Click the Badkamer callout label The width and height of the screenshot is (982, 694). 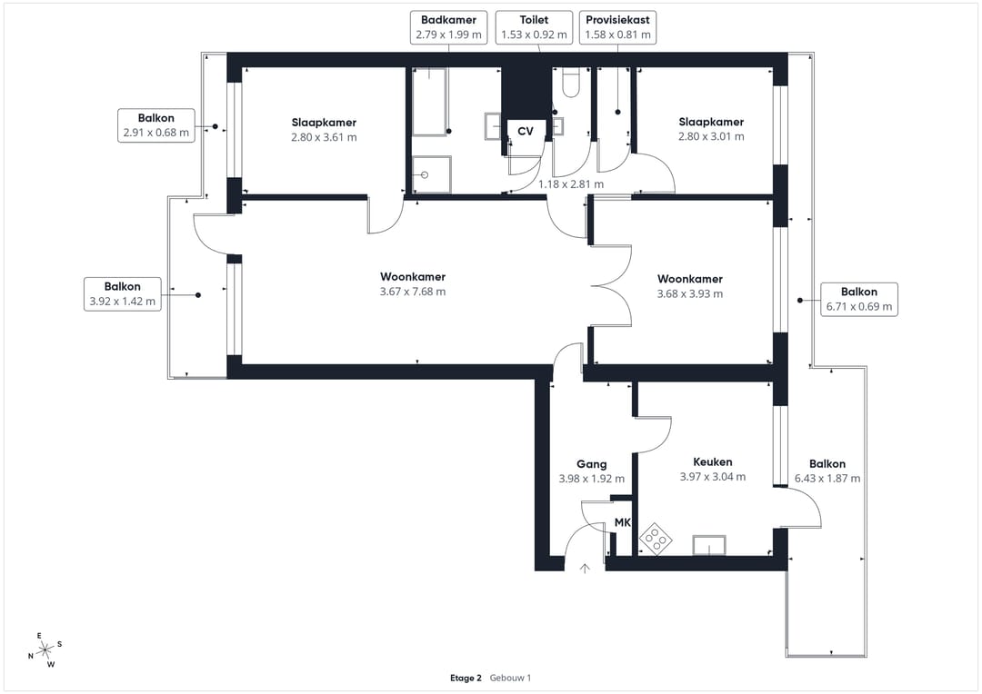tap(448, 27)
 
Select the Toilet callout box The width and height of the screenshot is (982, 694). tap(535, 27)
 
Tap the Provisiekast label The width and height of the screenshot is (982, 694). tap(617, 27)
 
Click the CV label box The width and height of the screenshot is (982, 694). tap(526, 131)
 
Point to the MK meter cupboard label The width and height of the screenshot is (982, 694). tap(623, 522)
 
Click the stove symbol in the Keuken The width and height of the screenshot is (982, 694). tap(656, 538)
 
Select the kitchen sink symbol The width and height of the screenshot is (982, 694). tap(709, 545)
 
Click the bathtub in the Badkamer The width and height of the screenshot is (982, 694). tap(429, 102)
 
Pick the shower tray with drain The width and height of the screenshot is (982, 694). tap(432, 174)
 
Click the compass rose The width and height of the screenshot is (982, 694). tap(45, 650)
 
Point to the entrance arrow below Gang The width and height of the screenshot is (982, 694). tap(585, 569)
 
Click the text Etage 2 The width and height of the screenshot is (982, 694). tap(466, 678)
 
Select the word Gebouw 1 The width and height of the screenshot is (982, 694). tap(510, 678)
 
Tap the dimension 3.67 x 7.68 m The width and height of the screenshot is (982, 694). tap(413, 292)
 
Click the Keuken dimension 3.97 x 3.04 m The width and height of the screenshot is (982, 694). tap(713, 477)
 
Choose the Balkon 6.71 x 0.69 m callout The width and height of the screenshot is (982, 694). tap(859, 299)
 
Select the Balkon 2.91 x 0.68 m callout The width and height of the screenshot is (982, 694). tap(156, 125)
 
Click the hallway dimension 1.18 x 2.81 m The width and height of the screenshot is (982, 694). tap(571, 184)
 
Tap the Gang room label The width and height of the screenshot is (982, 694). tap(592, 464)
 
